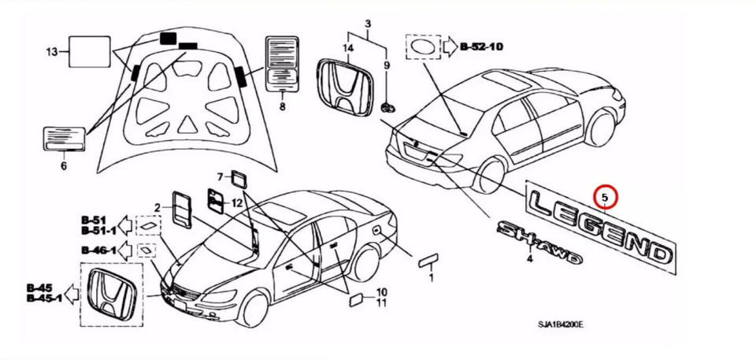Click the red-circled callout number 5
click(605, 197)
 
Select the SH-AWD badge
click(539, 242)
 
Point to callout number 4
click(530, 259)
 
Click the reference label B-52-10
click(481, 46)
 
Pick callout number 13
click(52, 51)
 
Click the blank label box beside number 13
click(89, 50)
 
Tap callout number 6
click(64, 166)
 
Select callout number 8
click(282, 106)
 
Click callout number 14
click(348, 48)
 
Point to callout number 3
click(368, 23)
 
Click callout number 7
click(220, 177)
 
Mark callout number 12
click(237, 203)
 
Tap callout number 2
click(157, 208)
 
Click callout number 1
click(431, 277)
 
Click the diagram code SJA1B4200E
click(561, 325)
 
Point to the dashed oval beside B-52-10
click(423, 46)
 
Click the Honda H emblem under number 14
click(344, 87)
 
